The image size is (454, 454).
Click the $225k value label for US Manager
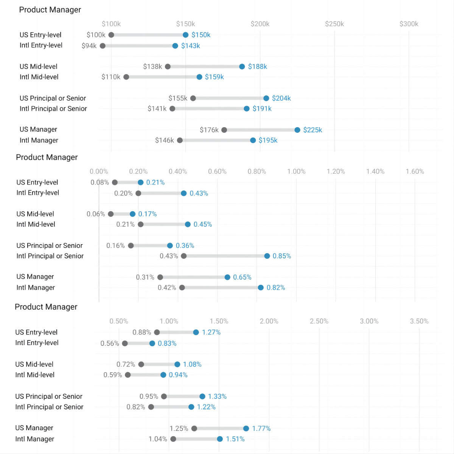(x=313, y=130)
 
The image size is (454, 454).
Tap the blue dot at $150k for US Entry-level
(x=185, y=35)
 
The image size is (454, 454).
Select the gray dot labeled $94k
(x=103, y=46)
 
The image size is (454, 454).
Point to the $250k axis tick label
(x=334, y=24)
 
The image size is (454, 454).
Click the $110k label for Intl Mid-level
(x=111, y=77)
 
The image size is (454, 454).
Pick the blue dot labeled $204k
(x=266, y=98)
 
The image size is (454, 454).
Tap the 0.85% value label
(x=282, y=256)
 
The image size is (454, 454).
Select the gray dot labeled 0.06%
(x=111, y=214)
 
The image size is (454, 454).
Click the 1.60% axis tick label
(x=415, y=171)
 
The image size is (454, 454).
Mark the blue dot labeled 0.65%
(x=227, y=277)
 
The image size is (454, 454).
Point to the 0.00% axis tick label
(x=99, y=171)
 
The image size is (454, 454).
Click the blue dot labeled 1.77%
(x=246, y=428)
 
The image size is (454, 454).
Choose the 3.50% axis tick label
(x=419, y=321)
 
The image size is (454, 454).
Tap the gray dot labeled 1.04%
(x=173, y=439)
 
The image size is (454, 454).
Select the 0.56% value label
(x=110, y=344)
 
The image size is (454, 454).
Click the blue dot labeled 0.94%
(x=163, y=375)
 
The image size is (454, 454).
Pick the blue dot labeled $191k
(x=247, y=109)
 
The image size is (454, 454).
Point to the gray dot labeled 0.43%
(x=183, y=256)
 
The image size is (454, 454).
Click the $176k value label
(x=209, y=130)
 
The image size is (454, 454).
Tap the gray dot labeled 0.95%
(x=164, y=396)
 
